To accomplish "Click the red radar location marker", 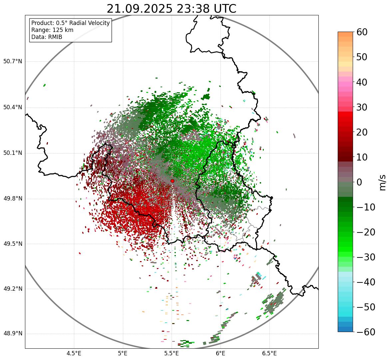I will pos(172,181).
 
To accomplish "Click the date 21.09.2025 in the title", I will pos(139,9).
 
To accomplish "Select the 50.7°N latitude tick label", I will pos(13,62).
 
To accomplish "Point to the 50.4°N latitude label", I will pos(13,107).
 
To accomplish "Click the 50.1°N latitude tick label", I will pos(13,153).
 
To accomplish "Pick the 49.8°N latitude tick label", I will pos(13,199).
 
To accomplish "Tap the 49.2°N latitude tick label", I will pos(13,289).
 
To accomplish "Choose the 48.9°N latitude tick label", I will pos(13,334).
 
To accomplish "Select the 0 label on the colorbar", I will pos(359,182).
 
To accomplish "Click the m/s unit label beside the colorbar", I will pos(382,182).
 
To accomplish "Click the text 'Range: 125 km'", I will pos(52,30).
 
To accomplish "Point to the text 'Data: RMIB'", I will pos(47,37).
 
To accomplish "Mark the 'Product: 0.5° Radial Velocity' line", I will pos(70,23).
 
